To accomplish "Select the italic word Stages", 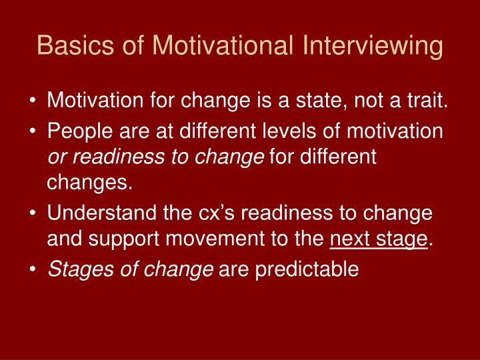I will pyautogui.click(x=77, y=268).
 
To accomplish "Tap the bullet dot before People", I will pyautogui.click(x=33, y=131).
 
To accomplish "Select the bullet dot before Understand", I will pyautogui.click(x=33, y=213).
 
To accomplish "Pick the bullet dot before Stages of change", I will pyautogui.click(x=33, y=269).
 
